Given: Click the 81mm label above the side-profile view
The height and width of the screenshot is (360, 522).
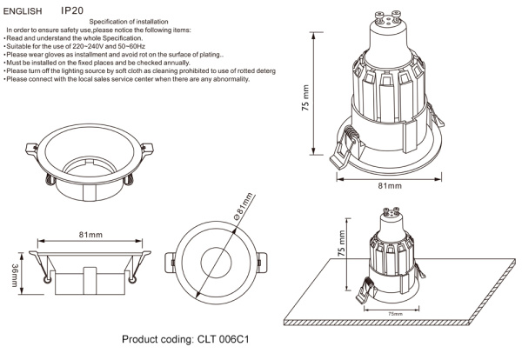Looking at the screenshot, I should point(90,236).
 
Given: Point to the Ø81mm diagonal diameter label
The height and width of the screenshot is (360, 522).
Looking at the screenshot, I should point(242,210).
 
